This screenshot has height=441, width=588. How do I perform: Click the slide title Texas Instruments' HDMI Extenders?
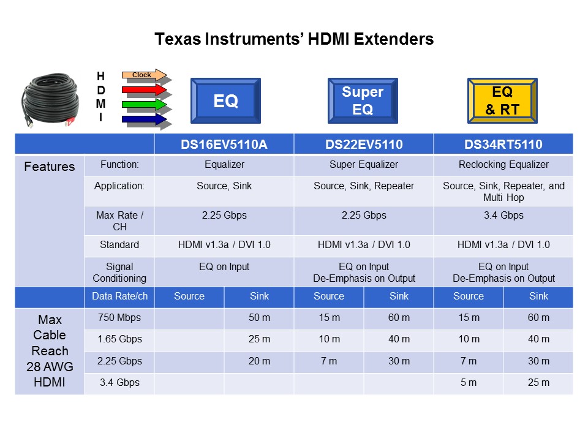pyautogui.click(x=294, y=39)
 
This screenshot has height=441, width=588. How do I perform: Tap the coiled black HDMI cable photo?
pyautogui.click(x=51, y=100)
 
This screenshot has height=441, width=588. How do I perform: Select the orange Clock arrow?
pyautogui.click(x=145, y=75)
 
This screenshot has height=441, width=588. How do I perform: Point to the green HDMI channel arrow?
pyautogui.click(x=145, y=105)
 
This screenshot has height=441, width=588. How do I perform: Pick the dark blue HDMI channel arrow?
pyautogui.click(x=145, y=119)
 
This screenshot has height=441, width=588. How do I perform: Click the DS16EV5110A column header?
pyautogui.click(x=224, y=145)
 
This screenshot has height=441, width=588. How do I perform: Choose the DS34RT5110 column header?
pyautogui.click(x=503, y=145)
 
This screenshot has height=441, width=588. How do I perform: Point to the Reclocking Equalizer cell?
pyautogui.click(x=503, y=164)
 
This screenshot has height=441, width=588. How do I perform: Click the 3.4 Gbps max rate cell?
pyautogui.click(x=503, y=216)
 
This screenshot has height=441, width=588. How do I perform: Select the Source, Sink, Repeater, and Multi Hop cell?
pyautogui.click(x=503, y=192)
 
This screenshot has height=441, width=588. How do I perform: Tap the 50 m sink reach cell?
pyautogui.click(x=259, y=317)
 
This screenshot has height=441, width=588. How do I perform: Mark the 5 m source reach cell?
pyautogui.click(x=469, y=383)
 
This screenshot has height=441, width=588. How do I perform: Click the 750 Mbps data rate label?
pyautogui.click(x=119, y=317)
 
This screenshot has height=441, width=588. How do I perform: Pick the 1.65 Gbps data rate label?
pyautogui.click(x=119, y=339)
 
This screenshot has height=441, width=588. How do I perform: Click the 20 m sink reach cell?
pyautogui.click(x=259, y=361)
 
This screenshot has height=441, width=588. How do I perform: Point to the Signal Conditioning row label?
pyautogui.click(x=119, y=273)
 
